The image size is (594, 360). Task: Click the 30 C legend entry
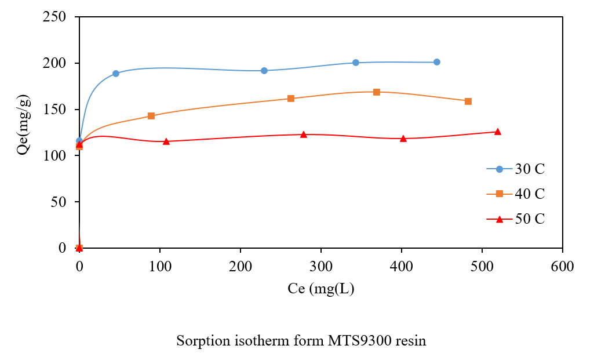pyautogui.click(x=516, y=169)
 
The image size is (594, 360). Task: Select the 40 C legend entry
pyautogui.click(x=516, y=194)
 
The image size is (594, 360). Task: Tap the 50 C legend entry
pyautogui.click(x=516, y=219)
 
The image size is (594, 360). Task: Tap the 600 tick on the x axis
pyautogui.click(x=562, y=267)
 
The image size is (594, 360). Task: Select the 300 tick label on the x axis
pyautogui.click(x=320, y=267)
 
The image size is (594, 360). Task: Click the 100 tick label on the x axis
pyautogui.click(x=160, y=267)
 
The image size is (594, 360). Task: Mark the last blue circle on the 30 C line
pyautogui.click(x=436, y=62)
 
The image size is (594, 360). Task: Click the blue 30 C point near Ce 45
pyautogui.click(x=116, y=74)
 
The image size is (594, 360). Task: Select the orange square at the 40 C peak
pyautogui.click(x=377, y=92)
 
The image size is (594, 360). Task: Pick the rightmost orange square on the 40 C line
pyautogui.click(x=468, y=101)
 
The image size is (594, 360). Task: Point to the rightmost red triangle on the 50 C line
pyautogui.click(x=497, y=132)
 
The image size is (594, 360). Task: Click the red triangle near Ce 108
pyautogui.click(x=166, y=141)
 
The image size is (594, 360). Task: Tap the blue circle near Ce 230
pyautogui.click(x=264, y=71)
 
